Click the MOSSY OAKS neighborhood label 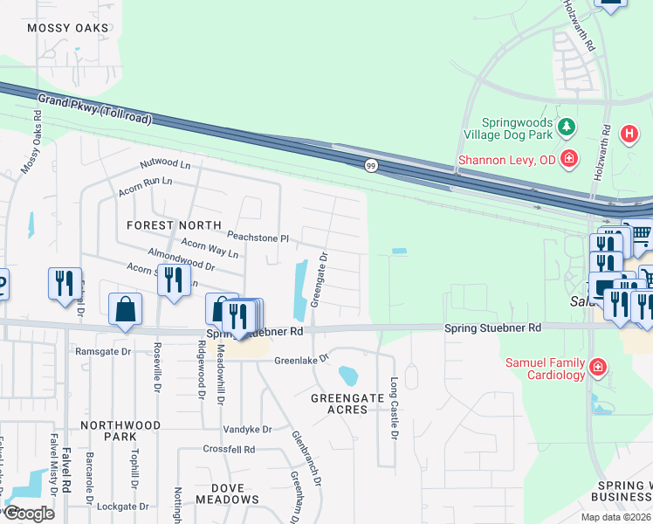(68, 28)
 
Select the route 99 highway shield (371, 165)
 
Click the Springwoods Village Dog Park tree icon (567, 128)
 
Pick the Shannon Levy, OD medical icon (569, 158)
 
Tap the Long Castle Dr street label (394, 408)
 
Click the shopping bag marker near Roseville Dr (126, 309)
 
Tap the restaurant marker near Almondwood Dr (173, 279)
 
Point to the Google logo (28, 514)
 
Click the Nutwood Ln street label (166, 164)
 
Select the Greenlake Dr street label (301, 359)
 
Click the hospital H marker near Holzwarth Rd (628, 134)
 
